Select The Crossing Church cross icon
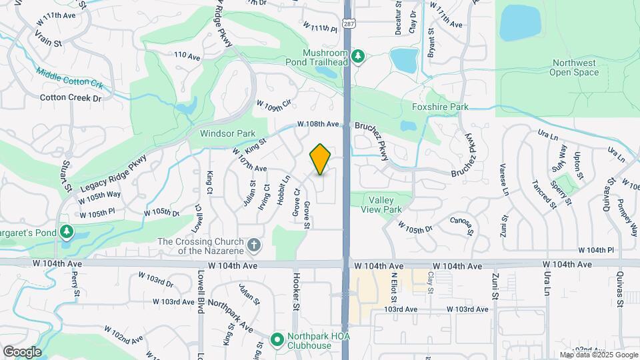click(x=253, y=246)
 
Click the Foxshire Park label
click(x=440, y=107)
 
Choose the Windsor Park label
click(x=228, y=133)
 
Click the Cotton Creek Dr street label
click(x=70, y=98)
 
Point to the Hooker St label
click(x=294, y=292)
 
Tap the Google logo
click(x=21, y=352)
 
